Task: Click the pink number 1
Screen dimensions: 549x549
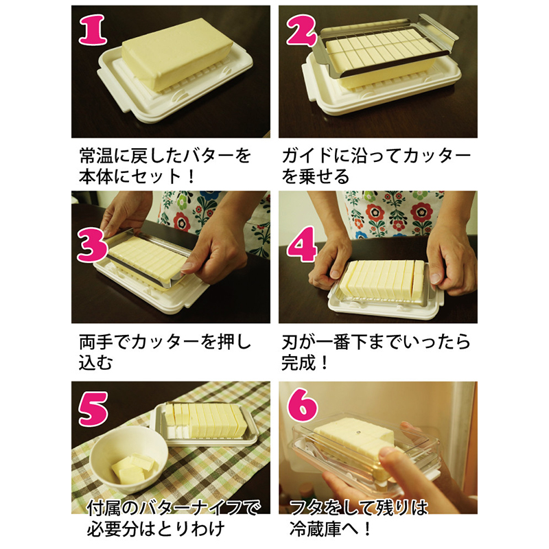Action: coord(93,30)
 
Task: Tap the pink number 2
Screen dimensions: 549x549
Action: coord(301,31)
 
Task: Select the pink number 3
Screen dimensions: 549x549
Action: coord(92,246)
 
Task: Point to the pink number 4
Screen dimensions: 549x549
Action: coord(302,244)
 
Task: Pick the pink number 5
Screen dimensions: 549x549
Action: coord(93,408)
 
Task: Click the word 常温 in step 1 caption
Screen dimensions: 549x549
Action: coord(95,156)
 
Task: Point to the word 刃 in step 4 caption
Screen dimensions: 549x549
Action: coord(290,342)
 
